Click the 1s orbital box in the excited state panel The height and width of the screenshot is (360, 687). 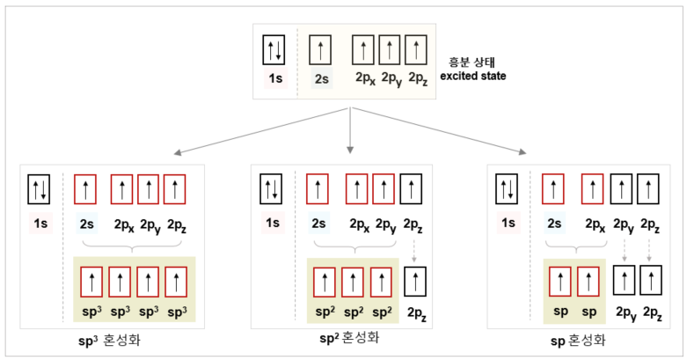pos(274,50)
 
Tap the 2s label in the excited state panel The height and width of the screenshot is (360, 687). pos(322,80)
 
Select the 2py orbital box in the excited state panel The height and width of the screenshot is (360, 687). pos(390,49)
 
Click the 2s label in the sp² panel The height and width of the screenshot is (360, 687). pos(318,223)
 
